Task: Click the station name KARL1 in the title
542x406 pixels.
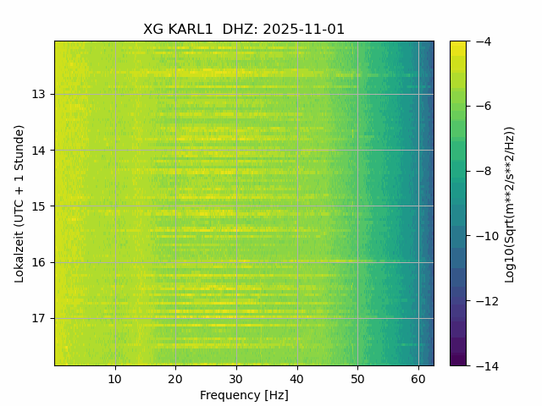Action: tap(190, 30)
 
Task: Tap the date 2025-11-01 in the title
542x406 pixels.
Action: tap(304, 30)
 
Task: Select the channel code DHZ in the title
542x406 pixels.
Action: tap(241, 30)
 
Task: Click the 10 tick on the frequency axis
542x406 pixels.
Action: tap(115, 378)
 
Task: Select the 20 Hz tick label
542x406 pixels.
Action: tap(175, 378)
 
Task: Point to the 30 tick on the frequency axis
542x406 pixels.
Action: tap(236, 378)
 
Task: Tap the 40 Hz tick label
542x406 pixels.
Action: tap(296, 378)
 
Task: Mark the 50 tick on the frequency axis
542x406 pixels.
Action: tap(357, 378)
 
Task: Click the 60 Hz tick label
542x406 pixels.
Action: tap(418, 378)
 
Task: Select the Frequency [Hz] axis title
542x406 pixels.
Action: tap(244, 395)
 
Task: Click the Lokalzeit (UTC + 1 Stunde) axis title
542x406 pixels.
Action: tap(19, 203)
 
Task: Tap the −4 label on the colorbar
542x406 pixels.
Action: tap(479, 41)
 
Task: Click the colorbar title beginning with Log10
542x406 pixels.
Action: tap(510, 203)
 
